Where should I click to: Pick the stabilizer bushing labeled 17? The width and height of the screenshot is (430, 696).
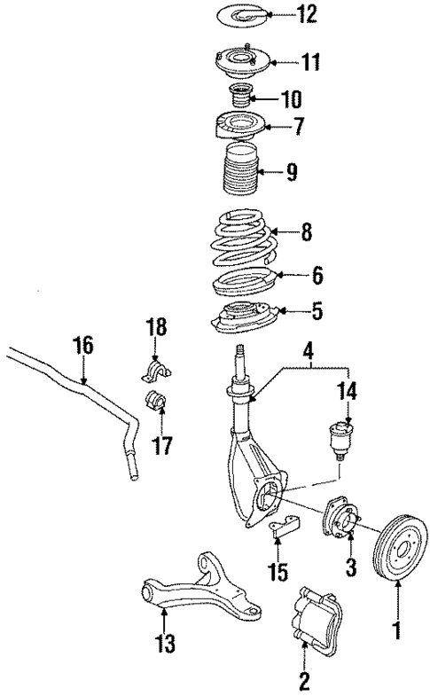point(156,401)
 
